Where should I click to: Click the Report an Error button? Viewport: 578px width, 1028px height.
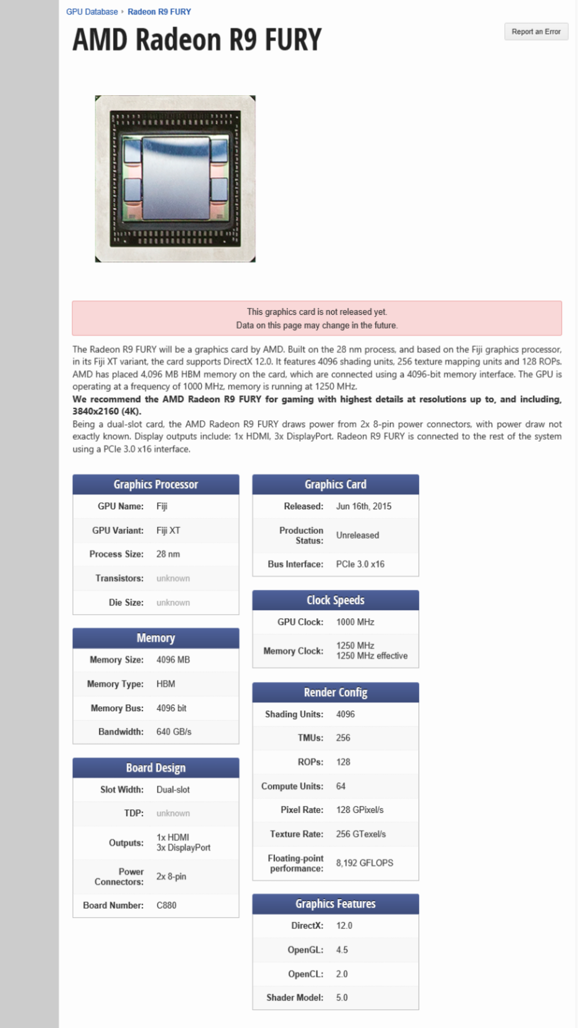coord(536,32)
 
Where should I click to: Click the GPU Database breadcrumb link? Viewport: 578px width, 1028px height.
coord(92,12)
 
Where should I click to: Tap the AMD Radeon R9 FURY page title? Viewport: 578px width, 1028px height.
coord(197,40)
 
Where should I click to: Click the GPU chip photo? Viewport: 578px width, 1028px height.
coord(175,179)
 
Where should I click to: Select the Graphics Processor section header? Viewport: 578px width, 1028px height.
coord(156,485)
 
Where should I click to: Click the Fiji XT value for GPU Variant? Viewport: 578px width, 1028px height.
coord(168,531)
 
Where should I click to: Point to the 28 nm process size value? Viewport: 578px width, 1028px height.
coord(168,554)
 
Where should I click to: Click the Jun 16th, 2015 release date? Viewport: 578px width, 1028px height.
coord(363,507)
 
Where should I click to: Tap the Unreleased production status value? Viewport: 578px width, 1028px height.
coord(358,535)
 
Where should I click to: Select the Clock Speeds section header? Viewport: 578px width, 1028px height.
coord(336,600)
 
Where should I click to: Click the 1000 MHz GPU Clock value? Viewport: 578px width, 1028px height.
coord(355,622)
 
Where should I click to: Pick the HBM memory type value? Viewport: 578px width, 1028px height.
coord(165,684)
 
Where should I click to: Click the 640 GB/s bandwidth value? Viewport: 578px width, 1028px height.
coord(173,732)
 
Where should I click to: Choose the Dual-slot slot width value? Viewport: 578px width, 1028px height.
coord(173,790)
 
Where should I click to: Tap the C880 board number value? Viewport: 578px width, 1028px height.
coord(166,905)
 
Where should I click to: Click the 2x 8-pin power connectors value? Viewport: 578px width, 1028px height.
coord(171,876)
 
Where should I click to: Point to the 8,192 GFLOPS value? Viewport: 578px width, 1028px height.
coord(364,863)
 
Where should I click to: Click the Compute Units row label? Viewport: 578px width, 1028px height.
coord(292,787)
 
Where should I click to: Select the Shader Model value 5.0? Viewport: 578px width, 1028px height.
coord(341,997)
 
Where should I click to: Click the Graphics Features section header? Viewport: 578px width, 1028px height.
coord(336,904)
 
